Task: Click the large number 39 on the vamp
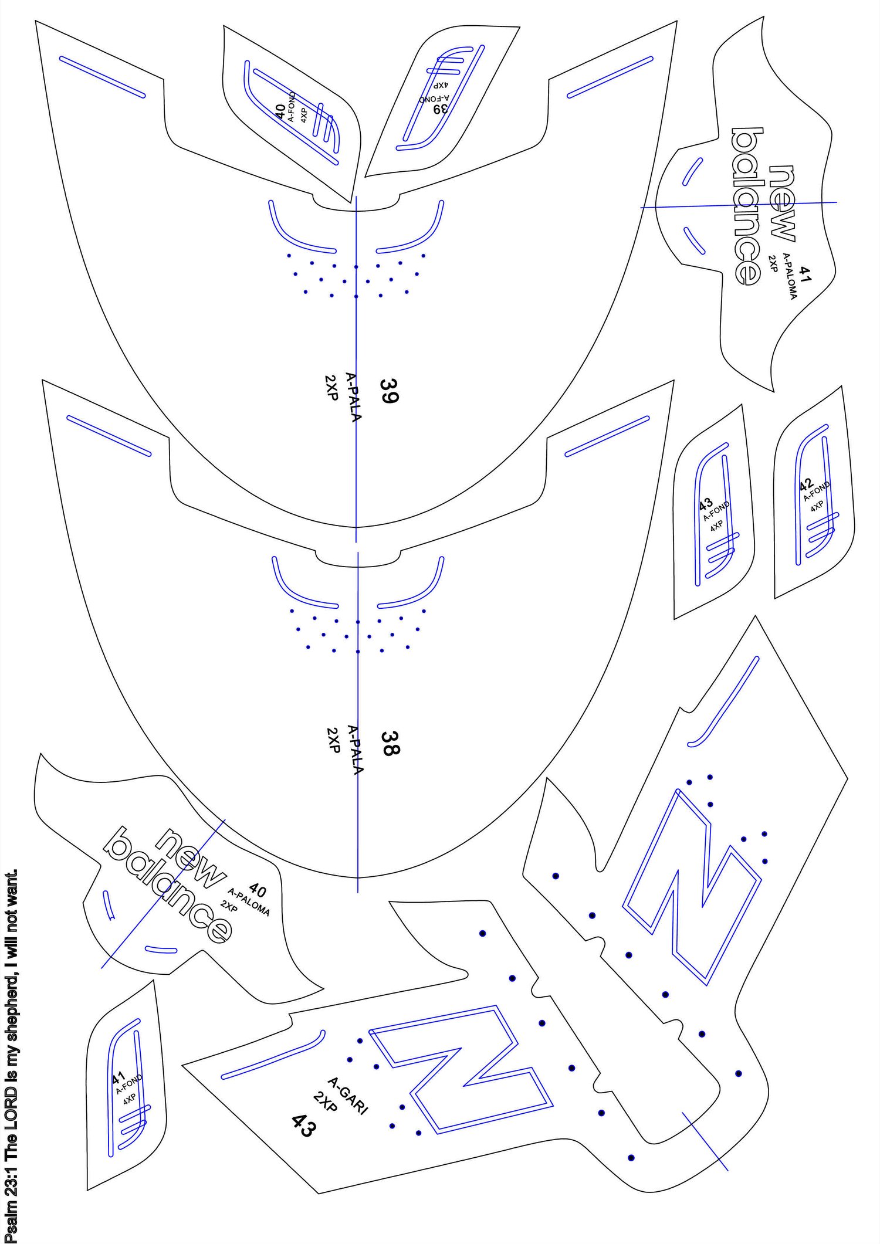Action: point(390,391)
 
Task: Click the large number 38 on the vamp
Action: point(390,743)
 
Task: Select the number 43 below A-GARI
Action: point(304,1126)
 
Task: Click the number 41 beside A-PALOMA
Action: point(805,274)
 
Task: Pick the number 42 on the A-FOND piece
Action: point(806,485)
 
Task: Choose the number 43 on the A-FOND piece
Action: point(705,503)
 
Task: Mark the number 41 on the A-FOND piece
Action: point(119,1077)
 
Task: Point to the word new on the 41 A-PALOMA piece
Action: point(783,203)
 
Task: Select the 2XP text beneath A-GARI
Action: point(326,1101)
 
